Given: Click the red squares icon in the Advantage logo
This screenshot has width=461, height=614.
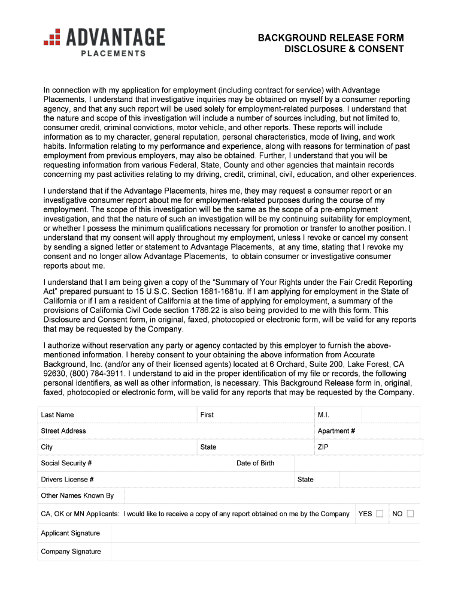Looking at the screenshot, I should coord(53,38).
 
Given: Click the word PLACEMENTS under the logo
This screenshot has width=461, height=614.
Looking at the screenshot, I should coord(113,53).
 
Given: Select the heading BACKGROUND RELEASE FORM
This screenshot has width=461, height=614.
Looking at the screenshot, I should coord(330,38).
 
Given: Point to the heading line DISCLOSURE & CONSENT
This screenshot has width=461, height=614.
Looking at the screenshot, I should coord(344,49).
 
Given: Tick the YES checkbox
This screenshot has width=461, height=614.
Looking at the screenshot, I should coord(380,514).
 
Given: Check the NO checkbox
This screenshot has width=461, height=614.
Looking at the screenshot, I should coord(410,514).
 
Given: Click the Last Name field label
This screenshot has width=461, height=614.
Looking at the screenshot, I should coord(57,415).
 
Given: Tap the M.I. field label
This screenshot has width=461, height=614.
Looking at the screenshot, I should coord(324,415).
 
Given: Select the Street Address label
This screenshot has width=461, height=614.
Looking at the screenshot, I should coord(63,431).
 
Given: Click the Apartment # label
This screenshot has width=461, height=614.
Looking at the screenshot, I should coord(336,431).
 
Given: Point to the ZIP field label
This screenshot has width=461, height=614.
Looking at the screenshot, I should coord(324,447).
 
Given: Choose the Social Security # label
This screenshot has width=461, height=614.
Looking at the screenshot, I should coord(66,463).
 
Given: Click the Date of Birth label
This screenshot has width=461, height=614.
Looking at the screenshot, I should coord(256,463).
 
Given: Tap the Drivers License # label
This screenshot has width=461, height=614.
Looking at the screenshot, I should coord(68,480).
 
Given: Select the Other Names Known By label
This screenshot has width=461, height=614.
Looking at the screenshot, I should coord(77,496).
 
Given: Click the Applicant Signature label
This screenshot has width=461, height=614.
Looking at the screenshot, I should coord(71,534).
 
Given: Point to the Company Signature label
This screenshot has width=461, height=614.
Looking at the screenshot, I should coord(71,552).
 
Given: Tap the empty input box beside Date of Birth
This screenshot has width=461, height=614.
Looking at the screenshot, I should coord(357,463).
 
